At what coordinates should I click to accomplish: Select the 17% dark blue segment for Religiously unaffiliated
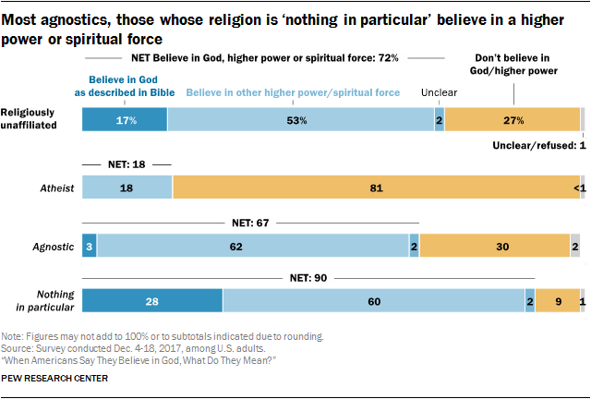coord(125,120)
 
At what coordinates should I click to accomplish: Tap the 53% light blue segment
coord(300,120)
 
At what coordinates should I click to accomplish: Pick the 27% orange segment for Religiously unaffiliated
coord(513,120)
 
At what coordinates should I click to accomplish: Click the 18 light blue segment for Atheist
coord(127,186)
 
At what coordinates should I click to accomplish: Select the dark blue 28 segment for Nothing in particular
coord(152,301)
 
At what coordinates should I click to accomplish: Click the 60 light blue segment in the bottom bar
coord(373,301)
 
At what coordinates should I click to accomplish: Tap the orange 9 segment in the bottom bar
coord(557,301)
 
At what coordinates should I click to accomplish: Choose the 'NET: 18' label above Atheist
coord(127,163)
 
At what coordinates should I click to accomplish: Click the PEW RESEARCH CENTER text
coord(55,378)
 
